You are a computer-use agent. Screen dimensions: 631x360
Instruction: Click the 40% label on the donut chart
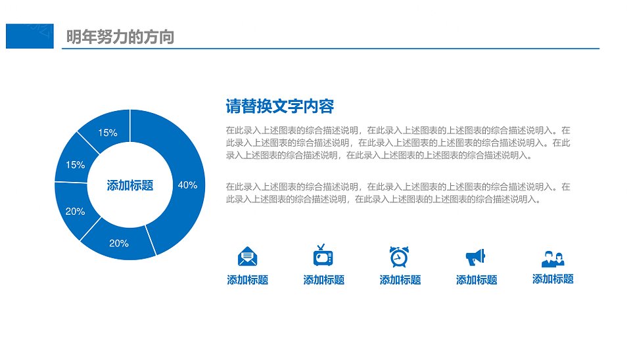point(187,185)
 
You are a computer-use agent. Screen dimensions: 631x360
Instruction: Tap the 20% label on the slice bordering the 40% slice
point(119,243)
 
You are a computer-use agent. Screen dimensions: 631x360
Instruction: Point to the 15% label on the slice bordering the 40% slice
point(107,133)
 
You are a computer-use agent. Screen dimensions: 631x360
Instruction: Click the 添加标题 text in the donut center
point(130,185)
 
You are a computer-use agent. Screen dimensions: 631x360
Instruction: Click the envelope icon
point(248,256)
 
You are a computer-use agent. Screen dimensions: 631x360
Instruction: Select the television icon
point(323,256)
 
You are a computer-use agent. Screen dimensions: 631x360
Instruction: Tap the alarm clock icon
point(399,257)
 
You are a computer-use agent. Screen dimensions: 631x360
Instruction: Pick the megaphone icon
point(476,257)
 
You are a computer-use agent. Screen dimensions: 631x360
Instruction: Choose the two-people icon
point(553,259)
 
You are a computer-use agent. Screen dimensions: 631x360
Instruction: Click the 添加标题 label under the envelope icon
point(248,280)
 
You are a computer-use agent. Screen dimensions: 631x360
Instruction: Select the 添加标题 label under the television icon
point(324,280)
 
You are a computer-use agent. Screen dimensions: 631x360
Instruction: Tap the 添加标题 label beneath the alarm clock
point(400,280)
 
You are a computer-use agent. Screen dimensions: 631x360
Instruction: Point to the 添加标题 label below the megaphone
point(477,280)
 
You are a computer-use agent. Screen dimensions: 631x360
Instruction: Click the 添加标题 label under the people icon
point(553,279)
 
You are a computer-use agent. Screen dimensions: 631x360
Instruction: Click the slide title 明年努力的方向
point(120,37)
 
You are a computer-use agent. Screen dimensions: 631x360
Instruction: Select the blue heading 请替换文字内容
point(280,106)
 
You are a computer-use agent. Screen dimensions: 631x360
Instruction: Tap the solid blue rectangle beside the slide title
point(30,36)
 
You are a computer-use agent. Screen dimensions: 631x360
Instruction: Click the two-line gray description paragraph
point(398,193)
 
